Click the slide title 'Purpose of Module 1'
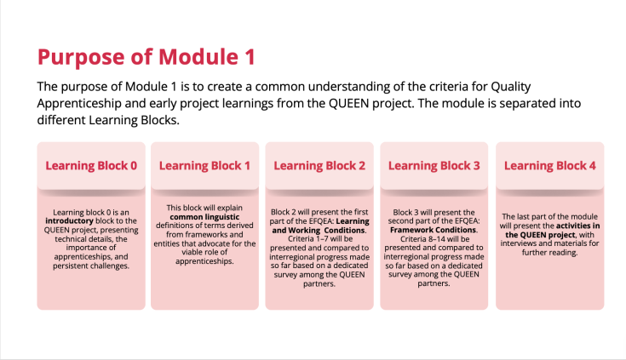[x=146, y=57]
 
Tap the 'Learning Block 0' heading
[x=91, y=166]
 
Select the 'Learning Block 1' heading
[x=204, y=166]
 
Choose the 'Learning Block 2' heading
[x=319, y=166]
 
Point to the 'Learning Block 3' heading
[x=434, y=166]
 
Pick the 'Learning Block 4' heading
[x=549, y=166]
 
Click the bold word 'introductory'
[x=69, y=220]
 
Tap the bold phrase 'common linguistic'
[x=204, y=217]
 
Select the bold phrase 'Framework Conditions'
[x=434, y=230]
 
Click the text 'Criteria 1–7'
[x=307, y=238]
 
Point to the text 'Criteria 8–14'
[x=422, y=239]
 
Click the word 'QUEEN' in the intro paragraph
[x=348, y=103]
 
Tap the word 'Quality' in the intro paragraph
[x=511, y=87]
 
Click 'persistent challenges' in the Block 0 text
[x=91, y=266]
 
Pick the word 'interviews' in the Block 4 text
[x=519, y=243]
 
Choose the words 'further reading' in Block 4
[x=549, y=253]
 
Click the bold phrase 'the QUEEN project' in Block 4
[x=540, y=235]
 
